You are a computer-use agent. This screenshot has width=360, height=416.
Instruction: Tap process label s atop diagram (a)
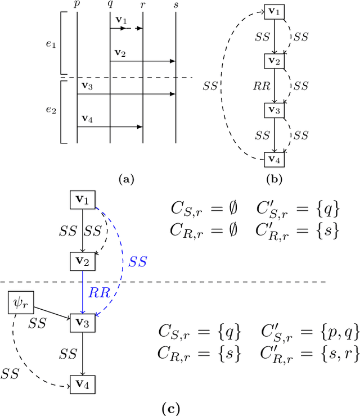coord(176,5)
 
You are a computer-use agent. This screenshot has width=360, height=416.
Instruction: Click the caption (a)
coord(126,179)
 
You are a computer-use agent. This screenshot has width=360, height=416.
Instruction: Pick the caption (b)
coord(274,179)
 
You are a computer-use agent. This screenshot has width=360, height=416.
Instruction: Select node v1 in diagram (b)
coord(274,11)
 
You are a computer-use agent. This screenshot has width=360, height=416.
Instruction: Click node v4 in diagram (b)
coord(274,159)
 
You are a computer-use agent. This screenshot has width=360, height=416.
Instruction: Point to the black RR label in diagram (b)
coord(262,86)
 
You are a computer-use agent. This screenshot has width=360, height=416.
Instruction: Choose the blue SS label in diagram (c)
coord(138,262)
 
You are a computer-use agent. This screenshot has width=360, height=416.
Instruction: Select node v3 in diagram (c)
coord(83,322)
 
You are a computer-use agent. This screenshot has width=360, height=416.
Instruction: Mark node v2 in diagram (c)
coord(83,260)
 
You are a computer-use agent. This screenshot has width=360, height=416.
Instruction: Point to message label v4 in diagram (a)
coord(88,119)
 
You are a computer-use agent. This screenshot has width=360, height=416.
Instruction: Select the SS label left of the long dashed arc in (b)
coord(211,87)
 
